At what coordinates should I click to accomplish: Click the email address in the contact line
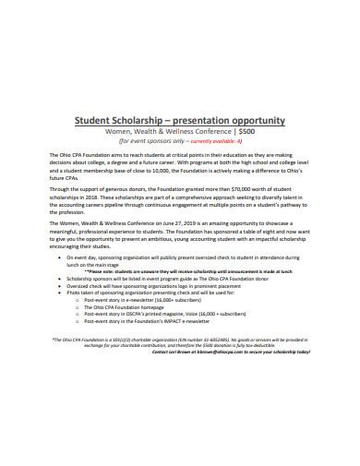(x=228, y=352)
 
